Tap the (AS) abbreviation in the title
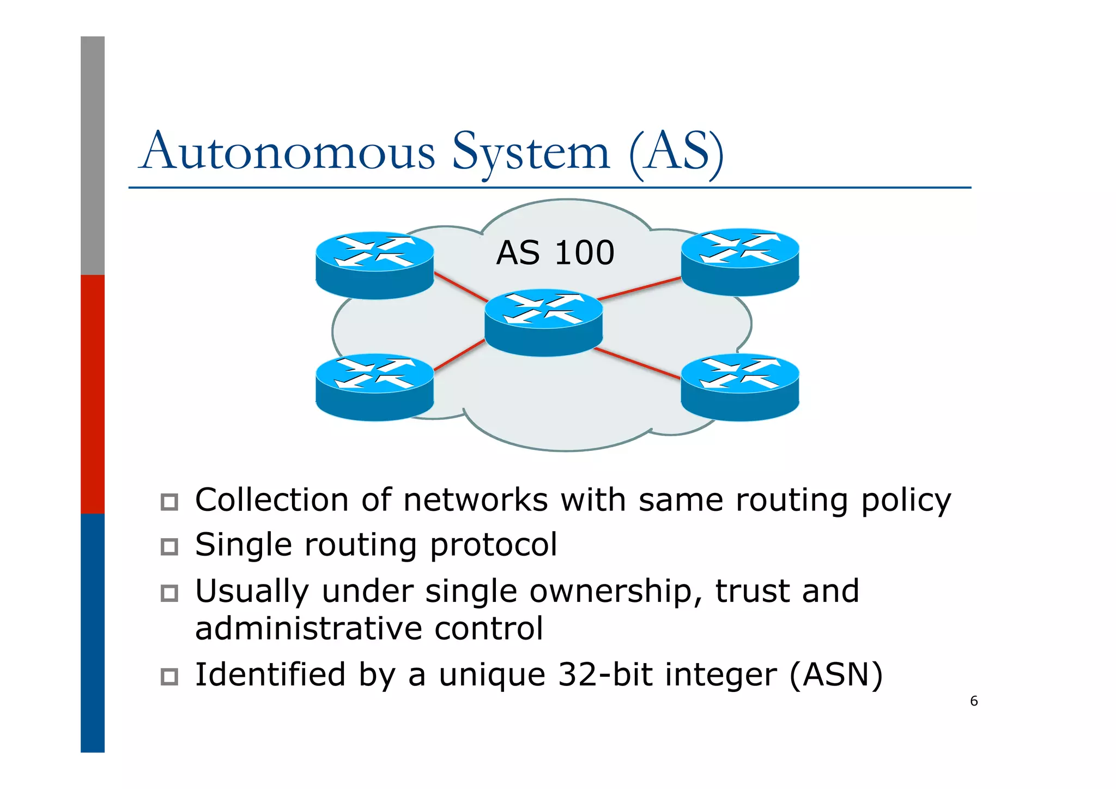point(676,152)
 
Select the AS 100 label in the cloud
point(555,253)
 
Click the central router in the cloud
point(543,323)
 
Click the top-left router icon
point(374,266)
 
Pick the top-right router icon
point(739,262)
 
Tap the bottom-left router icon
point(374,387)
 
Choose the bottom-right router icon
point(739,387)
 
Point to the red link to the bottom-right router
point(638,363)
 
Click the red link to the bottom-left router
point(459,356)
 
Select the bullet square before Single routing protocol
point(169,546)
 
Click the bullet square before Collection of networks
point(169,502)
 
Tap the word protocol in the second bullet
point(493,545)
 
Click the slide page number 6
point(974,701)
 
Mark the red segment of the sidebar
point(93,394)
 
